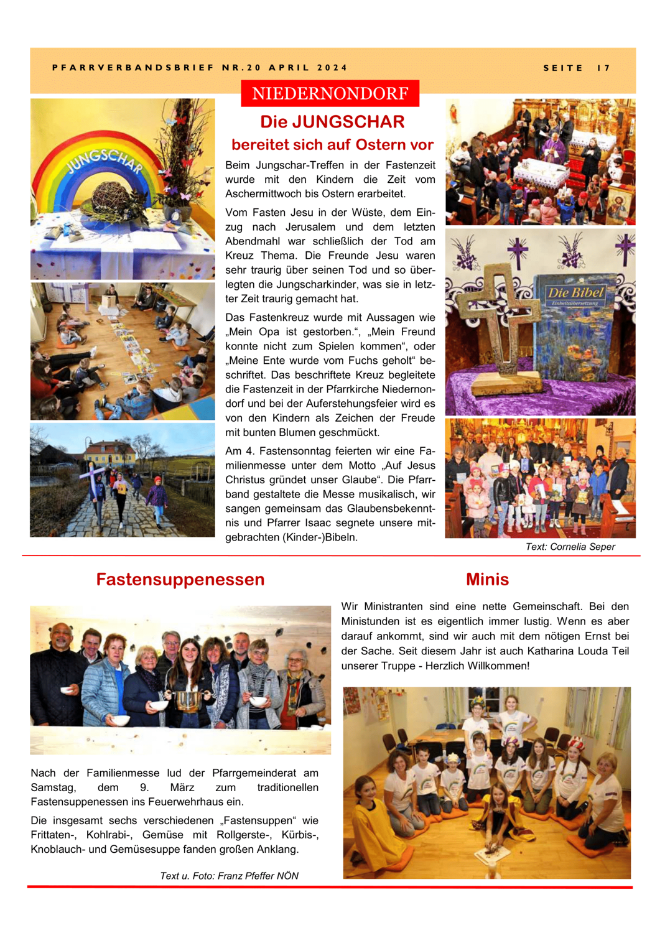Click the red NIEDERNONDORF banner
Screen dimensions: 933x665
click(x=330, y=93)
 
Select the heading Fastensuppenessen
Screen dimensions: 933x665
click(x=180, y=579)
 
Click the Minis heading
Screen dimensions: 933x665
click(x=487, y=579)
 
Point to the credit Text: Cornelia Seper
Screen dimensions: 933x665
click(x=570, y=547)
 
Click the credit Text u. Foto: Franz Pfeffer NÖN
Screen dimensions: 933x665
click(x=229, y=876)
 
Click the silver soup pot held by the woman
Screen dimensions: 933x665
click(x=187, y=700)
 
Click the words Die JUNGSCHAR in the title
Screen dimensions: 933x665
click(x=332, y=121)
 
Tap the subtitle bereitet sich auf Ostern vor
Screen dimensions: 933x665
click(x=332, y=145)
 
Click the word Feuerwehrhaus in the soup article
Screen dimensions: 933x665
click(x=207, y=802)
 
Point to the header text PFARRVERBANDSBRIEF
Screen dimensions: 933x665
click(x=133, y=68)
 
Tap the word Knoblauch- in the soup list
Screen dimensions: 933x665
click(x=58, y=849)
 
